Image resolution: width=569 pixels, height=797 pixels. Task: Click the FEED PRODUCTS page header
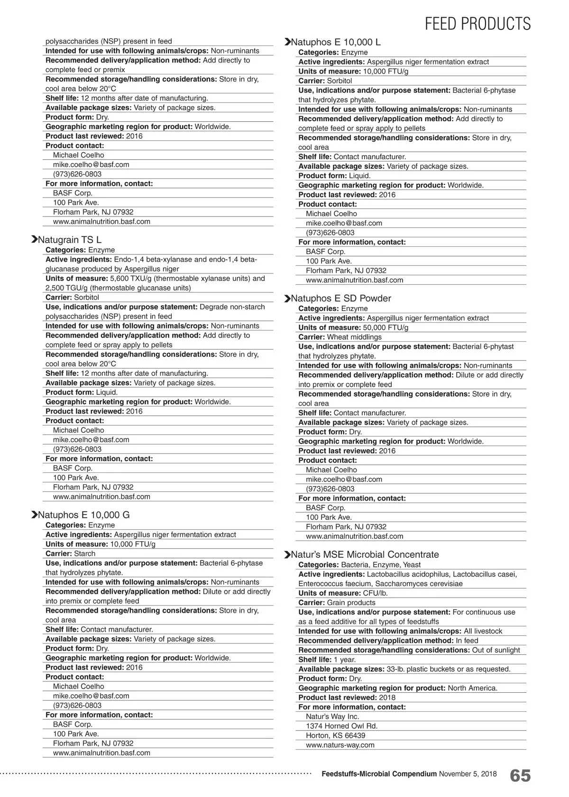[477, 23]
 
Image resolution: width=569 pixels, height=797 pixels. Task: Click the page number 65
[520, 776]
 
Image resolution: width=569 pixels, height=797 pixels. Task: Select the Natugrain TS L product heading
[69, 240]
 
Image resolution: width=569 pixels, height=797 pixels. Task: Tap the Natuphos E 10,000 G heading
[83, 515]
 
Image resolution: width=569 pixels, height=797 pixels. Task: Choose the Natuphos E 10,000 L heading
[336, 42]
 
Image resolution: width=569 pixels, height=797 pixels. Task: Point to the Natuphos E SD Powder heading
[341, 298]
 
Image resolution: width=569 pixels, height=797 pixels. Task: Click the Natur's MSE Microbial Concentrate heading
[365, 554]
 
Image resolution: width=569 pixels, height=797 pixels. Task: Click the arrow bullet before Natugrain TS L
[34, 240]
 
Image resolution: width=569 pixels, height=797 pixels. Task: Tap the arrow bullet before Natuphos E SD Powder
[287, 299]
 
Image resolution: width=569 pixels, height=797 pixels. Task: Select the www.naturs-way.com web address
[340, 745]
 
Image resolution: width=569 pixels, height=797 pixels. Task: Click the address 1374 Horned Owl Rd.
[341, 726]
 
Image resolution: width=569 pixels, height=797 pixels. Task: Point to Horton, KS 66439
[335, 735]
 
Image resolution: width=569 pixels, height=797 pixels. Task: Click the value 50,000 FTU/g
[385, 327]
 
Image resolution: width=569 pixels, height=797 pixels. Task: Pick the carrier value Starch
[84, 553]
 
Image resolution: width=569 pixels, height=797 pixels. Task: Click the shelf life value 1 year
[345, 660]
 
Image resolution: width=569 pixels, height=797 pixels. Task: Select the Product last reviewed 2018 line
[347, 697]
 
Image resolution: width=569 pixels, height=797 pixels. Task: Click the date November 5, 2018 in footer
[468, 774]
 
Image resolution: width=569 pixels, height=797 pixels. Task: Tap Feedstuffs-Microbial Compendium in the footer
[379, 774]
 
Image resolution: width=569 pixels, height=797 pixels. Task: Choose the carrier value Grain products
[351, 603]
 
